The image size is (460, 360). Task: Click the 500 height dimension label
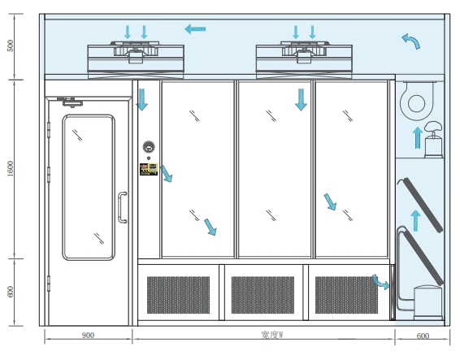(x=11, y=46)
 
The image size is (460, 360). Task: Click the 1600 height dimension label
(x=11, y=169)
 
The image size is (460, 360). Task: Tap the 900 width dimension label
(x=88, y=335)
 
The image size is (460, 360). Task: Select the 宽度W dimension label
(x=272, y=335)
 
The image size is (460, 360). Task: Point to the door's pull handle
(x=122, y=207)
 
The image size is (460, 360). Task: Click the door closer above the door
(x=71, y=102)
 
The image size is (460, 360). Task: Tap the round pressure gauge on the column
(x=149, y=147)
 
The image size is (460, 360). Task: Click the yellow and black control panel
(x=149, y=169)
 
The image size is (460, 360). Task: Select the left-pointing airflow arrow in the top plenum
(x=195, y=28)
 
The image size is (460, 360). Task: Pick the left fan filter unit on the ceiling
(x=136, y=60)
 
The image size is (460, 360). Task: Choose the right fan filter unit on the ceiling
(x=304, y=60)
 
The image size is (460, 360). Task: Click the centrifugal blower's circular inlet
(x=417, y=103)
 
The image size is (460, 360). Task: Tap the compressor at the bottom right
(x=427, y=302)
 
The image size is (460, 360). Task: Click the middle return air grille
(x=263, y=295)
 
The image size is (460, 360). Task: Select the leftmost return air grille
(x=178, y=295)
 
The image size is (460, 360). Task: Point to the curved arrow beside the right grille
(x=380, y=282)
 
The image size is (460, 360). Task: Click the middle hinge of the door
(x=49, y=175)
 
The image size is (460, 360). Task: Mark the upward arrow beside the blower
(x=418, y=137)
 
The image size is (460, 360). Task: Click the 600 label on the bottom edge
(x=423, y=336)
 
